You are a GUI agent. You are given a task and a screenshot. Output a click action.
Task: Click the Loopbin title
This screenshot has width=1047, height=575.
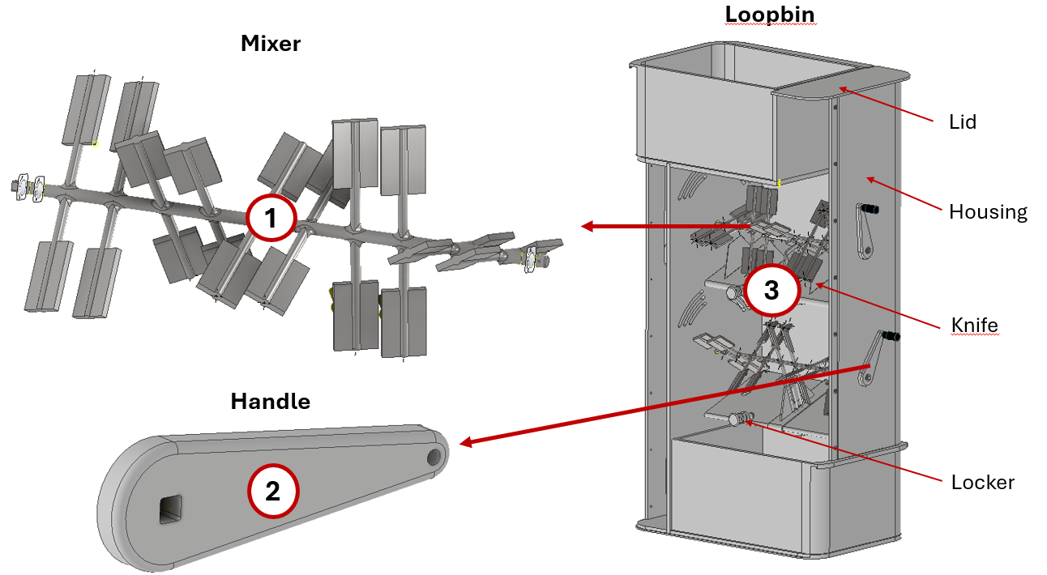pyautogui.click(x=769, y=14)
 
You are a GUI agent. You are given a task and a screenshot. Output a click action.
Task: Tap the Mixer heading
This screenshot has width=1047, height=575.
pyautogui.click(x=271, y=44)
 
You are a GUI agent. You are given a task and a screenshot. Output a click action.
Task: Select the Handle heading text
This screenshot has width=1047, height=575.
pyautogui.click(x=271, y=401)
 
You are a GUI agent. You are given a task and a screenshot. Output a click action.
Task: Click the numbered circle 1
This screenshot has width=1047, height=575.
pyautogui.click(x=271, y=218)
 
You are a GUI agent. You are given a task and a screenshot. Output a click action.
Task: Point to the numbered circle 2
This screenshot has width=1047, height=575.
pyautogui.click(x=273, y=491)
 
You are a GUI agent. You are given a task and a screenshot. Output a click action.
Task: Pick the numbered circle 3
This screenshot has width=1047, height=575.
pyautogui.click(x=771, y=290)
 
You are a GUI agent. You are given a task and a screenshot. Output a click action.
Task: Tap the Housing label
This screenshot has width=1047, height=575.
pyautogui.click(x=988, y=212)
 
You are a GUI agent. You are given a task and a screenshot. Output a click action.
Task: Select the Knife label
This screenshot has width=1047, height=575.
pyautogui.click(x=974, y=326)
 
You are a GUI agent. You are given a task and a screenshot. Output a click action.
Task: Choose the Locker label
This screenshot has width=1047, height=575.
pyautogui.click(x=982, y=483)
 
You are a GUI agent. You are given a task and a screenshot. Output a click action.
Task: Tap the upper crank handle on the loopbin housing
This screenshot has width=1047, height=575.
pyautogui.click(x=865, y=229)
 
